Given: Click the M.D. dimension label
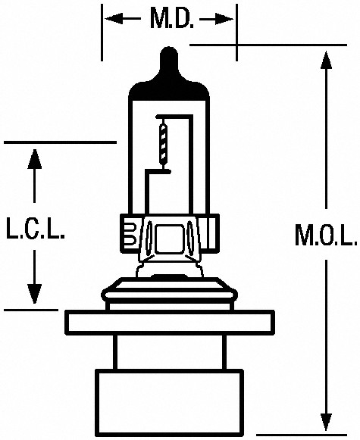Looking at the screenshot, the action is tap(172, 19).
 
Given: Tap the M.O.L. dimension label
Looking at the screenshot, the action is tap(326, 235).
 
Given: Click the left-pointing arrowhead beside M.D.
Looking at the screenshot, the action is tap(114, 19).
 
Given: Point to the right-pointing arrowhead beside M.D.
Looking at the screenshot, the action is tap(224, 19).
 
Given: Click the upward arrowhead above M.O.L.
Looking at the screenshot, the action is tap(326, 60).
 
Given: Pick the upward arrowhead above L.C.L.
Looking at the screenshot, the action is tap(35, 158).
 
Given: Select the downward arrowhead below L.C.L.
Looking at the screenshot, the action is tap(35, 294).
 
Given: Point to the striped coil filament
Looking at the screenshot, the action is tap(163, 144).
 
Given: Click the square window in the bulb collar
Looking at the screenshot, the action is tap(169, 239).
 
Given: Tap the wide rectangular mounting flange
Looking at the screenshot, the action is tap(170, 323).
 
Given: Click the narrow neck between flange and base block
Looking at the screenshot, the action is tap(170, 352).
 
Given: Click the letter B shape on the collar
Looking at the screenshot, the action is tap(130, 233).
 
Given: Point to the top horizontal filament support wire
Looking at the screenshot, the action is tap(174, 116).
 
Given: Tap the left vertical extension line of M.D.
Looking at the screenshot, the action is tap(102, 33).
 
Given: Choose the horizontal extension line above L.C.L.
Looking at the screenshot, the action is tap(60, 142).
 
